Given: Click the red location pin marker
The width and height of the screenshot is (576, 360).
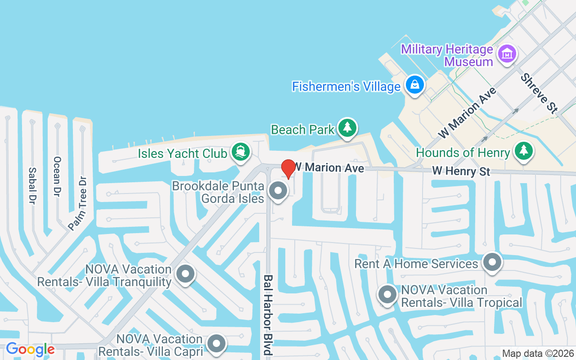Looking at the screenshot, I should point(288,168).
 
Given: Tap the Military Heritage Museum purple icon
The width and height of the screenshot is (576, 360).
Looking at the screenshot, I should point(507,54).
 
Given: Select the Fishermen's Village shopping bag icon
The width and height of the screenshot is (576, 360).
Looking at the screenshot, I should point(414,84).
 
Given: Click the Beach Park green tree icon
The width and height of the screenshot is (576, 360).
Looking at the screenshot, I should point(347,127).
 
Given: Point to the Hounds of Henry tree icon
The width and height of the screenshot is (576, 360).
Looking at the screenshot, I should point(523,150).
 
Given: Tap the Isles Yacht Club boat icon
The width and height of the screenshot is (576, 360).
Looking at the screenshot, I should point(240,151).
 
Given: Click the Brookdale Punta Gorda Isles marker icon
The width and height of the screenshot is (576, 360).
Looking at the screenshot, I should point(278,191).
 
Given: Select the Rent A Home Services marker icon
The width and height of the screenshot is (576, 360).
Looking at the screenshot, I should point(492,261).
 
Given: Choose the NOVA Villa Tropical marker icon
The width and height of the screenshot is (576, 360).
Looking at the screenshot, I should point(387,295).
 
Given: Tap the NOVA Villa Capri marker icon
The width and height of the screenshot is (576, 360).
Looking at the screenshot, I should point(217,343).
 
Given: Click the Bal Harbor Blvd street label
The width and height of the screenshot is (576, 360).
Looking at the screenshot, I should point(268,315).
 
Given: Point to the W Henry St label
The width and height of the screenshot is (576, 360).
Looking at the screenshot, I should point(461,171).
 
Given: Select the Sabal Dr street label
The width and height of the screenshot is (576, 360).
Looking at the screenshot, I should point(32,184).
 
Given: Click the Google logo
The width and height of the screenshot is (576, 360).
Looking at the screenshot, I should point(30,349).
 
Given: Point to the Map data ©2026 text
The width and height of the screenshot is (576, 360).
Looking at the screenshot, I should point(538,354).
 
